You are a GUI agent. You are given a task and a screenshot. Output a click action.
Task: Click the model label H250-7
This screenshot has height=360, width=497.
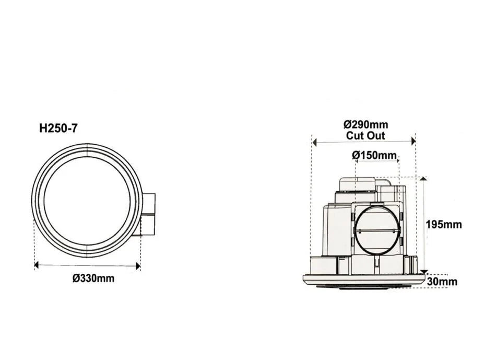(58, 127)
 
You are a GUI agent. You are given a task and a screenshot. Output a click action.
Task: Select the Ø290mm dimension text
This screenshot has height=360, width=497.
(365, 124)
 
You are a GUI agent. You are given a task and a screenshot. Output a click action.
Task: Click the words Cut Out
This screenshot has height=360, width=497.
(365, 135)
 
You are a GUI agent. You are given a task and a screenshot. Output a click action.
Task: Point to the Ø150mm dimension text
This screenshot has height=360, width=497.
(374, 155)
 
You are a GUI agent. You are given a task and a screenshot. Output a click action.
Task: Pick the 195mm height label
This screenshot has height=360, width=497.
(444, 224)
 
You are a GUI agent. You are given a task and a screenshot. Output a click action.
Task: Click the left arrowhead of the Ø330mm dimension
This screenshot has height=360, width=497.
(37, 265)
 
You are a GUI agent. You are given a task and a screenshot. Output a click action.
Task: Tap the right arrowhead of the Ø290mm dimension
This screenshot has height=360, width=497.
(413, 141)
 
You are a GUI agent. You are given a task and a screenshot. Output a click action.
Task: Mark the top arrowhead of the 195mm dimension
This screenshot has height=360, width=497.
(423, 179)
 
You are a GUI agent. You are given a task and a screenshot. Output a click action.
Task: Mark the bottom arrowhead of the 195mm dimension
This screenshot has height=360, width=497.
(423, 271)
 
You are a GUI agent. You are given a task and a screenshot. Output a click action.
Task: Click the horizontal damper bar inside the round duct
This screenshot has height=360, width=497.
(377, 230)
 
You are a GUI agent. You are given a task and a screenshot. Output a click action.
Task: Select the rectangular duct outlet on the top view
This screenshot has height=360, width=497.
(148, 214)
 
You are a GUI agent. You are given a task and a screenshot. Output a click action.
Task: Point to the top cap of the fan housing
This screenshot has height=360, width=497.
(358, 184)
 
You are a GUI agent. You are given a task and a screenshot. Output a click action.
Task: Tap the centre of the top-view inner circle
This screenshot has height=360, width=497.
(87, 201)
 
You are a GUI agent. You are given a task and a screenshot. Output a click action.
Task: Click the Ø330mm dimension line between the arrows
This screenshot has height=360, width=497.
(87, 265)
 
